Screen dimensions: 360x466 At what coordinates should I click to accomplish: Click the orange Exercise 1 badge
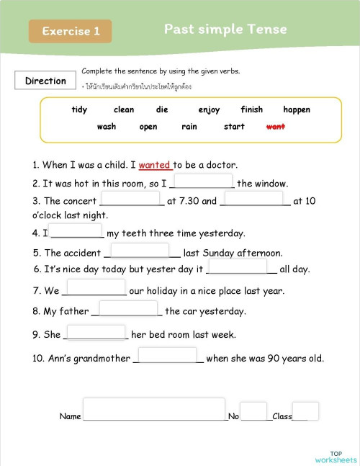[70, 31]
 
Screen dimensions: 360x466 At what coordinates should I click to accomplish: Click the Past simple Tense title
[225, 30]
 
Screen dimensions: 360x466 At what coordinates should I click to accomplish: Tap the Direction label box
[45, 81]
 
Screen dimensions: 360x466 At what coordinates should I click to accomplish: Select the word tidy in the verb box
[79, 110]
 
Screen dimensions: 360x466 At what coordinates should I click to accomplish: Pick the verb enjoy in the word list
[209, 110]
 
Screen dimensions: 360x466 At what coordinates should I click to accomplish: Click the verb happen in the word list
[297, 110]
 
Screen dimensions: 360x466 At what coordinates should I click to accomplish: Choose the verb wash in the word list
[106, 127]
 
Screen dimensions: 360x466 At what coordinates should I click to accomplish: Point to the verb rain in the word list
[189, 127]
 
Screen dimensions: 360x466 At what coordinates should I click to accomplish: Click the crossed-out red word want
[276, 127]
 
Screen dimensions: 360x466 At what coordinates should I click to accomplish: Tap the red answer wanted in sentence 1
[155, 165]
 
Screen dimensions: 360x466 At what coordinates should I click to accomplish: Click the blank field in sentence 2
[203, 182]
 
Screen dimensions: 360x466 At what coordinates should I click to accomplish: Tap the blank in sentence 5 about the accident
[140, 251]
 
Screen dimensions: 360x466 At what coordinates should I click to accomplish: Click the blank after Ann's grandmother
[167, 355]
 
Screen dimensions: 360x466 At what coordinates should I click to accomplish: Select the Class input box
[305, 411]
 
